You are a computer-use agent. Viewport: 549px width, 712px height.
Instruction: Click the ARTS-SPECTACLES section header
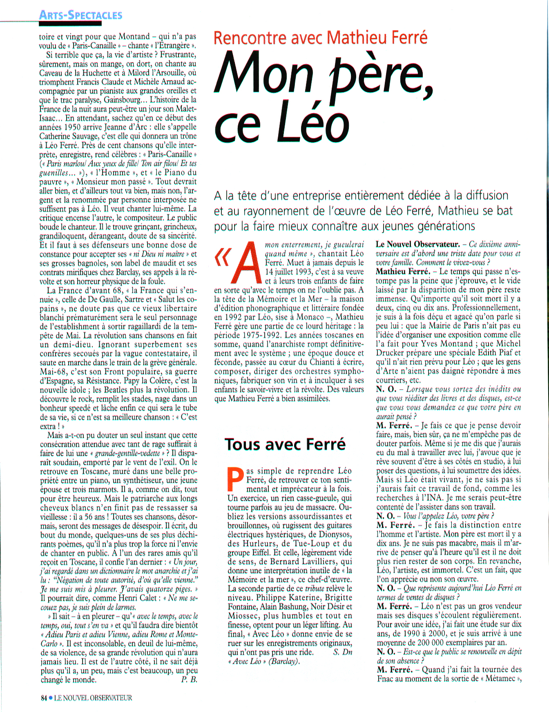tap(80, 15)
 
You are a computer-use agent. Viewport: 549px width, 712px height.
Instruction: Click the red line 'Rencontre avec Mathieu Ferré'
tap(320, 38)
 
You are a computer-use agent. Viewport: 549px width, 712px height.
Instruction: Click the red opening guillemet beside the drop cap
tap(223, 258)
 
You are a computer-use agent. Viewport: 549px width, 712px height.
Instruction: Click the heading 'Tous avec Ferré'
tap(285, 444)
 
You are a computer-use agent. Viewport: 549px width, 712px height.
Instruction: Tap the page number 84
tap(44, 698)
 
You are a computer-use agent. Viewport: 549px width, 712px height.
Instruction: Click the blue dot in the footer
tap(51, 698)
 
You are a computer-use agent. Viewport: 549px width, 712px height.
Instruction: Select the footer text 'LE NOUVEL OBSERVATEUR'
tap(93, 698)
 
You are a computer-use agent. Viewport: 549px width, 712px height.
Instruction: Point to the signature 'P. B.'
tap(189, 680)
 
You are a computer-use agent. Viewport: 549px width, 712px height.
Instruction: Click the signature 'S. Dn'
tap(342, 652)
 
